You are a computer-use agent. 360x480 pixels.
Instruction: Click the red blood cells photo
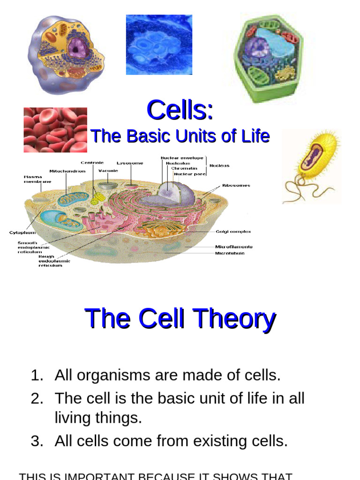click(55, 130)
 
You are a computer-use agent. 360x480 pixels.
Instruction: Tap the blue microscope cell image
click(159, 45)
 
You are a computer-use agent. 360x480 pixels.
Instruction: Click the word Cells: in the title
click(180, 111)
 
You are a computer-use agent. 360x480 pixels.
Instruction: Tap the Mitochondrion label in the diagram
click(67, 171)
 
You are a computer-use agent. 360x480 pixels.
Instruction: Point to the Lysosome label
click(130, 163)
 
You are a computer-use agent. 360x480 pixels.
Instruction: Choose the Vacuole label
click(108, 171)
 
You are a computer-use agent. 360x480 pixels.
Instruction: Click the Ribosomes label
click(236, 185)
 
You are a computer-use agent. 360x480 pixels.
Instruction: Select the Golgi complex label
click(233, 231)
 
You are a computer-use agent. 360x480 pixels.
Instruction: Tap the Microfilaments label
click(233, 247)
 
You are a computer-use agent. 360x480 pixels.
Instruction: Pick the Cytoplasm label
click(22, 232)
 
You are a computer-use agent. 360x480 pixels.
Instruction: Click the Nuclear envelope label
click(182, 158)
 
